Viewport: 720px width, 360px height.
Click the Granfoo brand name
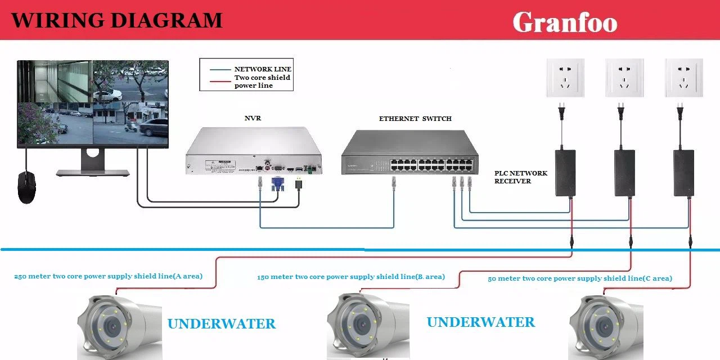click(565, 22)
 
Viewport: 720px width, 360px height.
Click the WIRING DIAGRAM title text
click(117, 20)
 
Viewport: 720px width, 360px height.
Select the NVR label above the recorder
click(253, 119)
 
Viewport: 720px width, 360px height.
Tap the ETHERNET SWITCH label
click(415, 119)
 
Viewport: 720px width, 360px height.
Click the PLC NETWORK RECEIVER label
click(520, 177)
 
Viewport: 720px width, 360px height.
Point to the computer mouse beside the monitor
click(26, 187)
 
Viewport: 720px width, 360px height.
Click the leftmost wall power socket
click(565, 78)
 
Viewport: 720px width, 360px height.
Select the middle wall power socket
click(624, 78)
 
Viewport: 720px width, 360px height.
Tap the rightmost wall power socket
click(683, 78)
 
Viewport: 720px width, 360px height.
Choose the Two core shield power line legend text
click(262, 81)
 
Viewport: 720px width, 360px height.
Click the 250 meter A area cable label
click(108, 276)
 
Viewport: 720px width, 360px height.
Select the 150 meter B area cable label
click(351, 277)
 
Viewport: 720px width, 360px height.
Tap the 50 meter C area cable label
click(579, 278)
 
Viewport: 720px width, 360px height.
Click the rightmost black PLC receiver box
click(683, 173)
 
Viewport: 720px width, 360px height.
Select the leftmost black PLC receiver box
click(565, 173)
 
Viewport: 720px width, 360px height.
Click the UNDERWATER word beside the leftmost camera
click(222, 324)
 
